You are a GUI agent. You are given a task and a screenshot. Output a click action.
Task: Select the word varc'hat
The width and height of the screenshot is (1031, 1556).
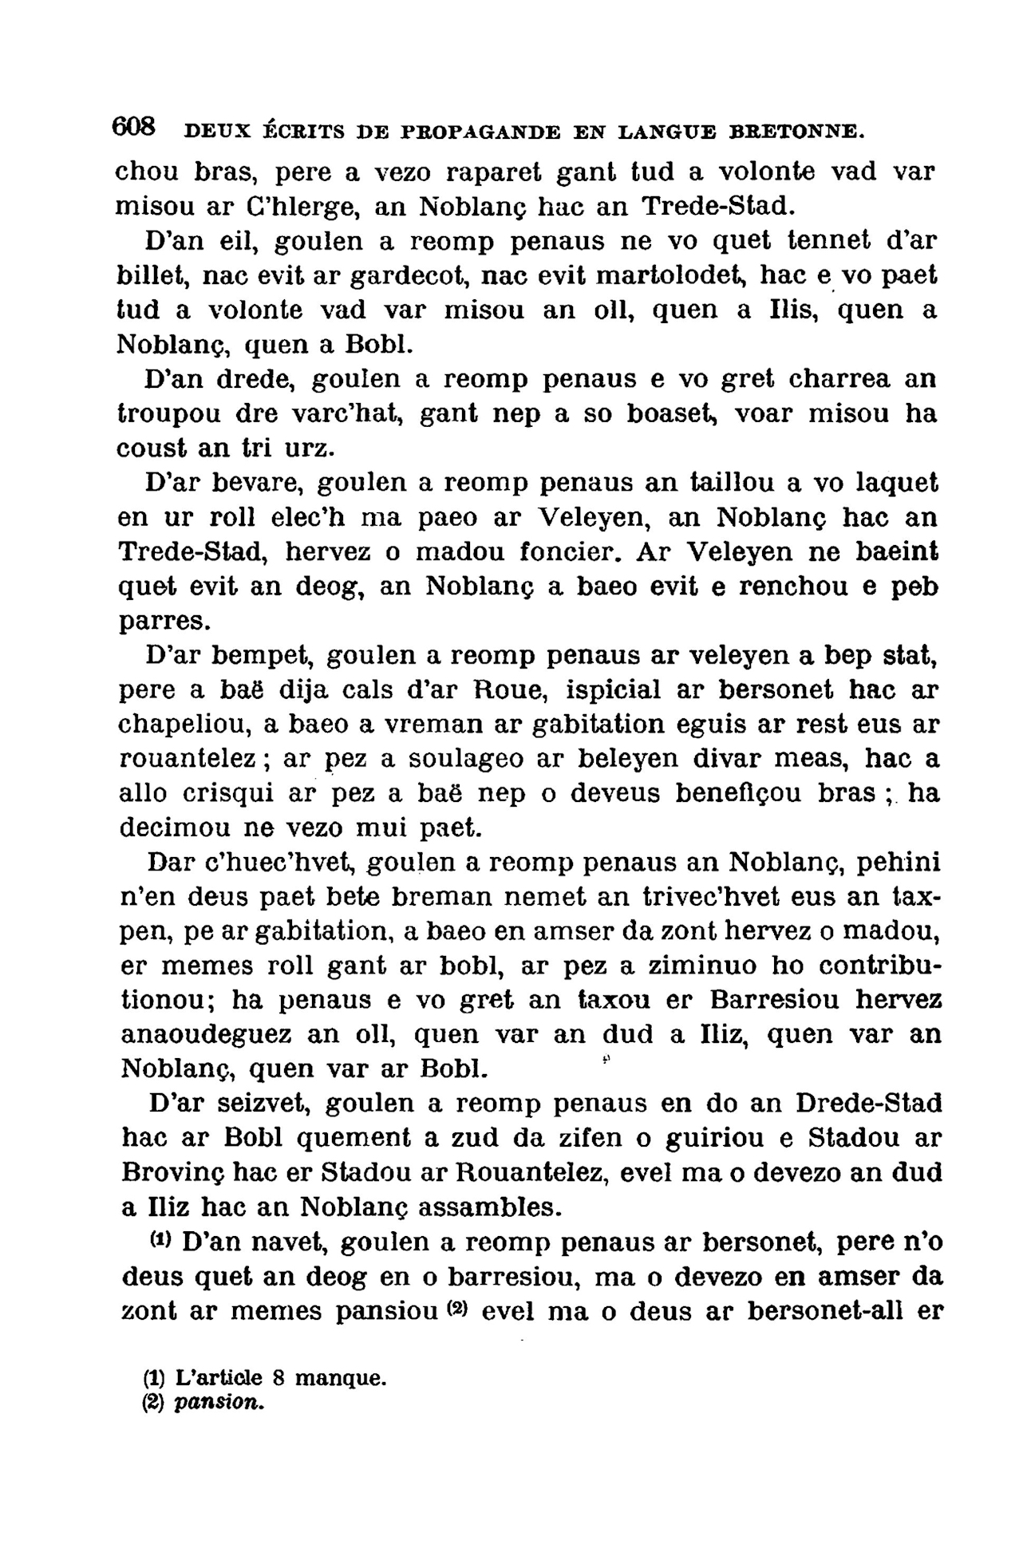pyautogui.click(x=353, y=414)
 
